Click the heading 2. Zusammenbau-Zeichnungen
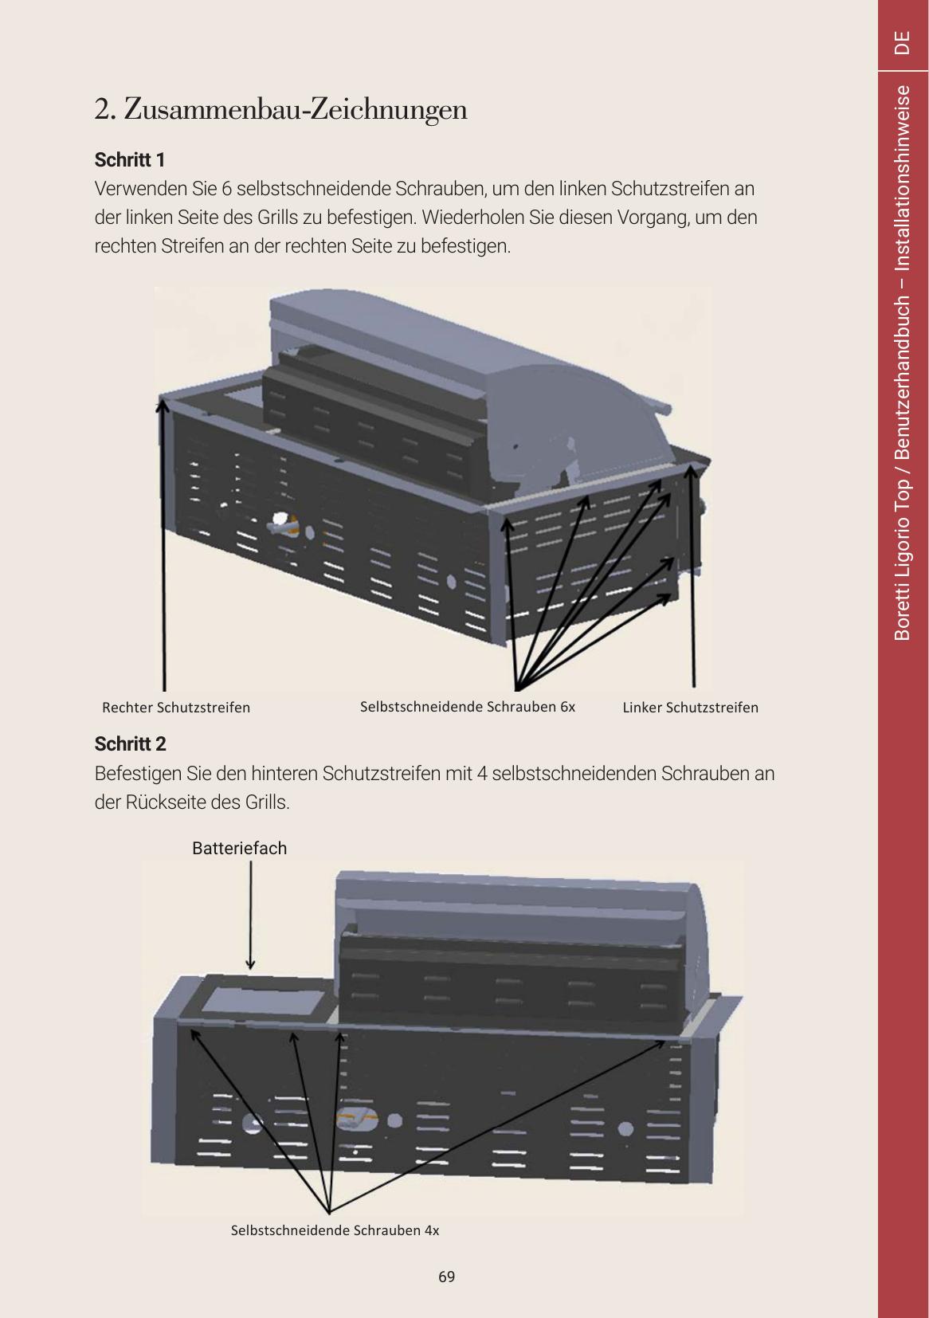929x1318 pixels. point(280,110)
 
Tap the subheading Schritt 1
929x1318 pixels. point(129,159)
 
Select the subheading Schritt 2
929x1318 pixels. point(130,743)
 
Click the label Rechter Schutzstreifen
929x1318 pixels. point(176,708)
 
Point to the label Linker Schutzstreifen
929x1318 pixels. point(690,708)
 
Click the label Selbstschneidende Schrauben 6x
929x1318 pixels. point(467,707)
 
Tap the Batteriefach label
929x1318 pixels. point(240,848)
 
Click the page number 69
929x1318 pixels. point(446,1277)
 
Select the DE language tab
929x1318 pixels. point(902,42)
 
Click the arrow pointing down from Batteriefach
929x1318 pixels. point(251,915)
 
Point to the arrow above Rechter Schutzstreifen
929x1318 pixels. point(163,544)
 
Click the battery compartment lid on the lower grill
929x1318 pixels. point(263,1000)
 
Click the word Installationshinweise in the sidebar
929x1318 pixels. point(902,178)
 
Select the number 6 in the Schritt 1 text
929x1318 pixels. point(226,189)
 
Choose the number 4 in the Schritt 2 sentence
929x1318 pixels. point(482,773)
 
